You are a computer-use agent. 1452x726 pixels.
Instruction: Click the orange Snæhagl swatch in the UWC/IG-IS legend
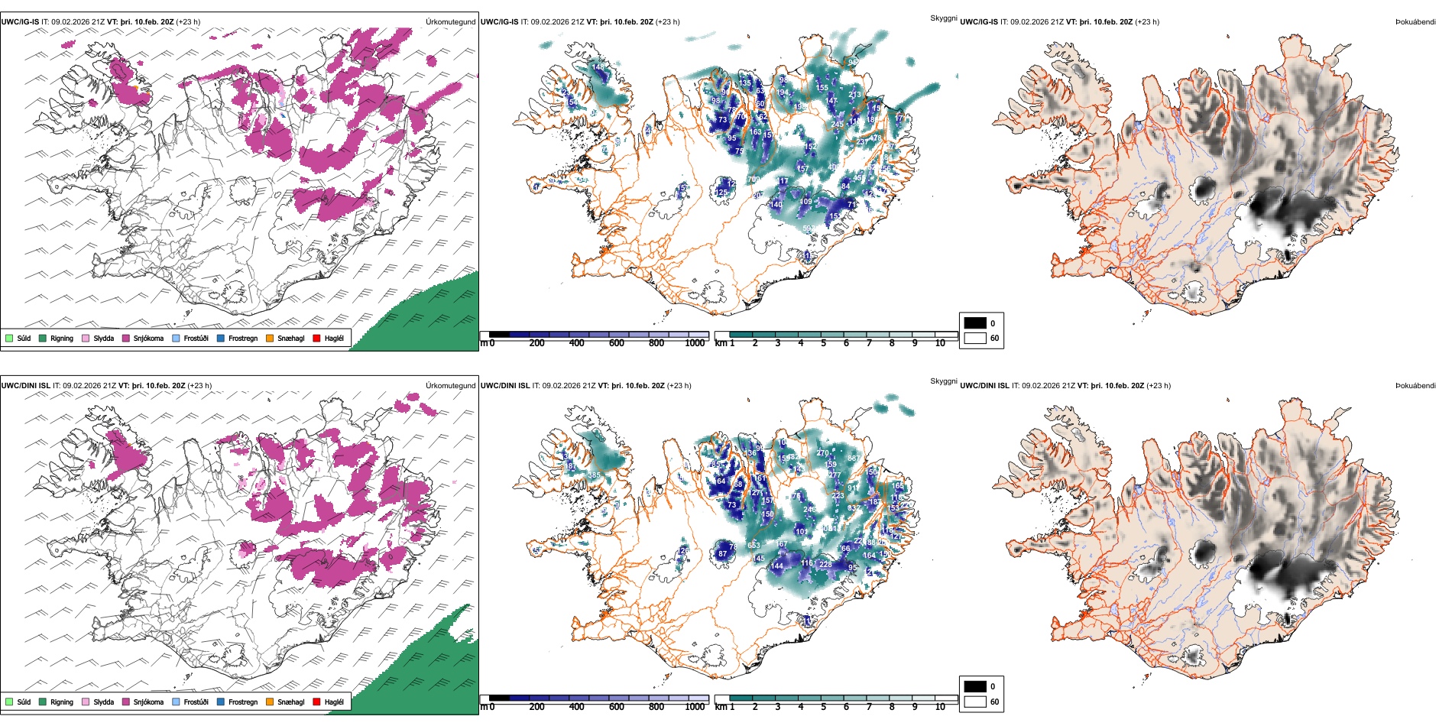point(270,338)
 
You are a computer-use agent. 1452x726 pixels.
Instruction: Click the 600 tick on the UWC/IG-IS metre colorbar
point(617,343)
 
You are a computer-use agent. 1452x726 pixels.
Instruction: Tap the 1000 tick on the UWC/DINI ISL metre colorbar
point(695,707)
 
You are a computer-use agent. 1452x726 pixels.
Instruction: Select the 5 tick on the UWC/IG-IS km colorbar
point(824,343)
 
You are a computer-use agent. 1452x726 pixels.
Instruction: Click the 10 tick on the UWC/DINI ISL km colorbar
point(940,707)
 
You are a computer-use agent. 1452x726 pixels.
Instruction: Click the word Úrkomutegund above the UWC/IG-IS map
point(450,21)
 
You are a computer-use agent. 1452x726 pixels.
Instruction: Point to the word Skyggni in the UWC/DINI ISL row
point(943,381)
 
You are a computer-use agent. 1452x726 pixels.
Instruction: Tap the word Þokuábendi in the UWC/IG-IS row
point(1415,21)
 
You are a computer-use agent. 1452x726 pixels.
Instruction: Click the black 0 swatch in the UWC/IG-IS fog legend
point(975,323)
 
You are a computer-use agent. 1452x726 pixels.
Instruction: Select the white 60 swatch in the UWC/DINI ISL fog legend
point(975,702)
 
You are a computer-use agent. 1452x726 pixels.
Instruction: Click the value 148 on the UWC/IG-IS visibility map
point(598,67)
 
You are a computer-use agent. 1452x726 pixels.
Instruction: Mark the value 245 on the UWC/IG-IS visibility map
point(838,124)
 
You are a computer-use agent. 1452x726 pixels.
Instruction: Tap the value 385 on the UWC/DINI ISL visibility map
point(594,475)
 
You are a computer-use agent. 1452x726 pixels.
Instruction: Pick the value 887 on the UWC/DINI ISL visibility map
point(854,459)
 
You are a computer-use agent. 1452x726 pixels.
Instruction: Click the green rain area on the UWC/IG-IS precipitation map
point(428,317)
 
